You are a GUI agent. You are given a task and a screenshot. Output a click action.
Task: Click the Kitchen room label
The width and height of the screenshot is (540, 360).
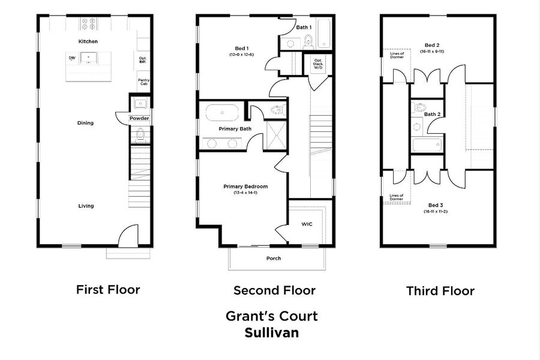coord(88,41)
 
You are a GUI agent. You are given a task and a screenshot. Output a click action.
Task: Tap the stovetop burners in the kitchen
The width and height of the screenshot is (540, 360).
coord(89,24)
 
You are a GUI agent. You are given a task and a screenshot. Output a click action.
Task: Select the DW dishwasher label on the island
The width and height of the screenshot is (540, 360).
coord(72,58)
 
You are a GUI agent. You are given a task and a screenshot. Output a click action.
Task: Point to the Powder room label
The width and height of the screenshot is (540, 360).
coord(139,118)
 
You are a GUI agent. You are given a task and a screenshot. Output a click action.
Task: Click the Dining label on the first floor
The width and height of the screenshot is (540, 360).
coord(85,123)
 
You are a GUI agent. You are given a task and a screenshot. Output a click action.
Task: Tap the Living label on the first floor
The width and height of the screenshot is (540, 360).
coord(86,206)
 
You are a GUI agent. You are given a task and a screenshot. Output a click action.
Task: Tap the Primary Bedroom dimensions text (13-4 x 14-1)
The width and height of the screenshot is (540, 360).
coord(245,193)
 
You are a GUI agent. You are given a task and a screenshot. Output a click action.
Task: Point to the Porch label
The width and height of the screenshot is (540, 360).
coord(274,258)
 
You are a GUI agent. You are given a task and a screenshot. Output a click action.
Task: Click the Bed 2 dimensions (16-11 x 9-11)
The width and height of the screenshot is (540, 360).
coord(432,52)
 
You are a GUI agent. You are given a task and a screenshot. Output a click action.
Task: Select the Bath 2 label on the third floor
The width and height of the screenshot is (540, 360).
coord(433,114)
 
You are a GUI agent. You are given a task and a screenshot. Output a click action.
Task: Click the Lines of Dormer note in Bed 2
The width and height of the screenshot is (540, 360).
coord(397,55)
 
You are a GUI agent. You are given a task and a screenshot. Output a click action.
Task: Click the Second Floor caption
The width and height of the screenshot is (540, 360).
coord(274,290)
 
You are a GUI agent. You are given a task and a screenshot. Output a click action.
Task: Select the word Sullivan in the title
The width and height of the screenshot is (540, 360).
coord(271,331)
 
